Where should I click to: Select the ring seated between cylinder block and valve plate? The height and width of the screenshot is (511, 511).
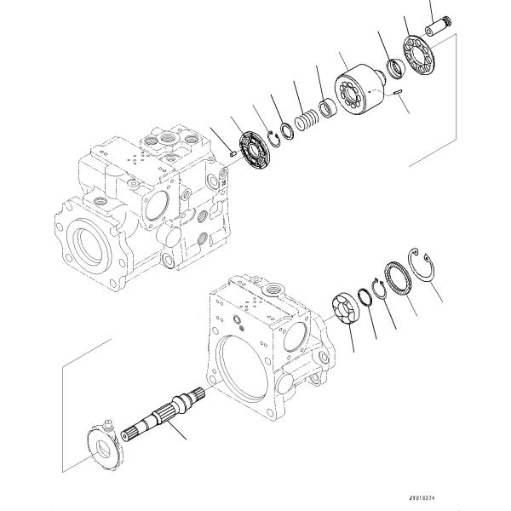point(396,67)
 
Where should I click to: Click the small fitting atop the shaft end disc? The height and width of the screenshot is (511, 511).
point(108,423)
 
